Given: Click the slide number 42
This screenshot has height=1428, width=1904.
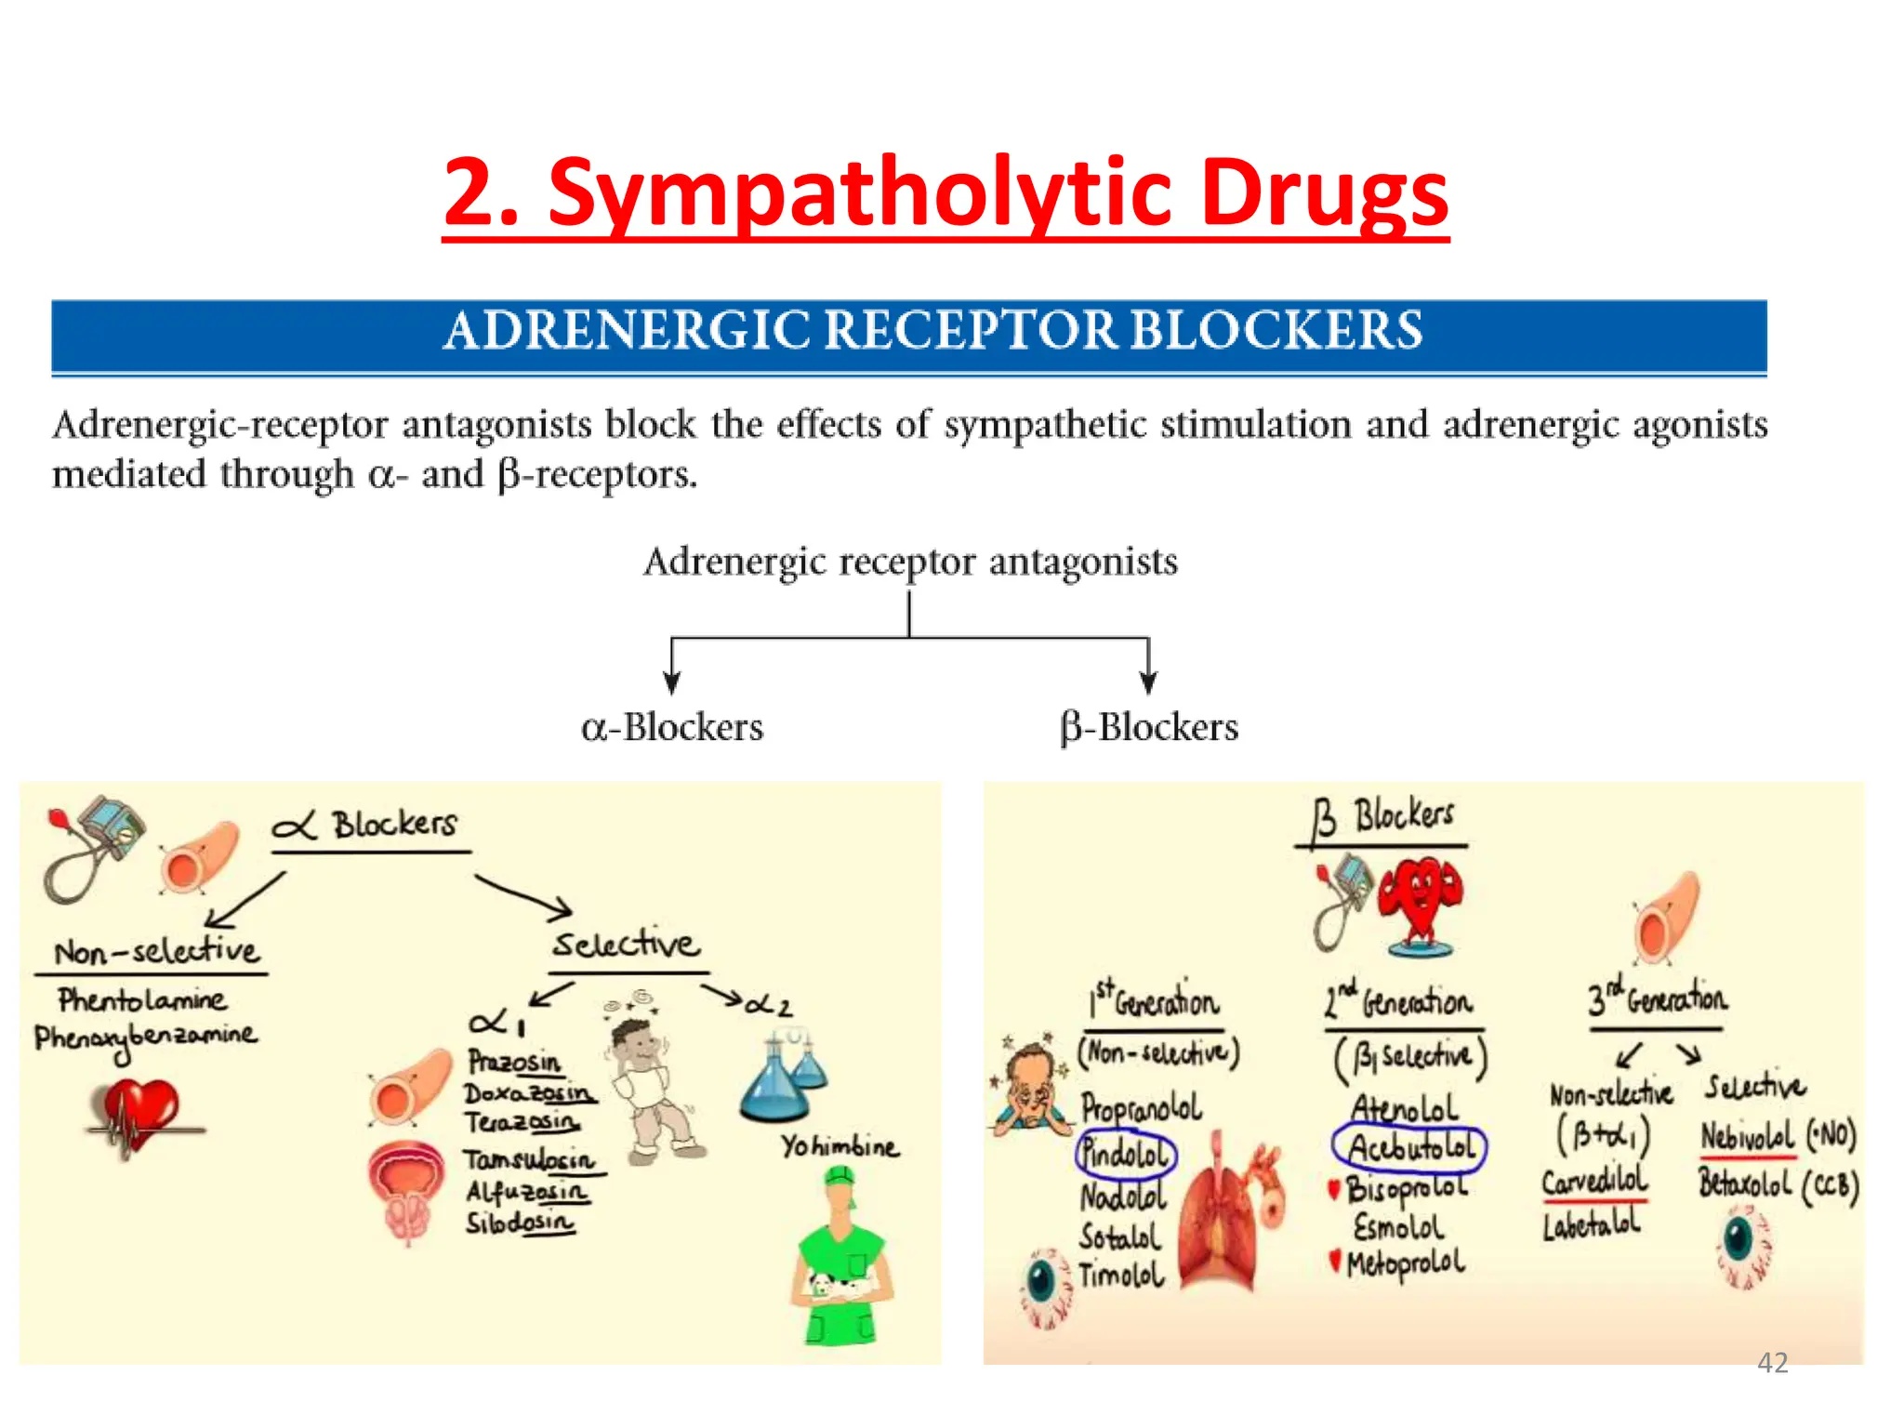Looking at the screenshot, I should click(x=1772, y=1363).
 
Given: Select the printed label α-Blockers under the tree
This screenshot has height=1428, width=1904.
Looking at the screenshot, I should click(x=672, y=727).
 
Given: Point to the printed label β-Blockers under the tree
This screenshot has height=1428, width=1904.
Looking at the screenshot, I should click(x=1149, y=727).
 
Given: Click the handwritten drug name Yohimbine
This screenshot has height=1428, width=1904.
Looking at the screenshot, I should click(x=840, y=1146).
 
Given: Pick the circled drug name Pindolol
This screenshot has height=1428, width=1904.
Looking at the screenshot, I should click(x=1125, y=1154).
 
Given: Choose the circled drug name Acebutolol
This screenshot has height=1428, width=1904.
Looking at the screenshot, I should click(x=1409, y=1147).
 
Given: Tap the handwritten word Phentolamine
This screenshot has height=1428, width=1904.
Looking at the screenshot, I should click(x=141, y=1000).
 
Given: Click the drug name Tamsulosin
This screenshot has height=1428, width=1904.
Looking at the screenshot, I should click(x=528, y=1160).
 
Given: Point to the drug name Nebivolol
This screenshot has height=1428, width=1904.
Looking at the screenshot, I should click(x=1747, y=1136).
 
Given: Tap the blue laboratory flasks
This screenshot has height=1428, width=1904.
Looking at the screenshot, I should click(x=784, y=1078).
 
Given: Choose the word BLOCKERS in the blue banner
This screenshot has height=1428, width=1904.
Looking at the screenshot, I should click(x=1276, y=331).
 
